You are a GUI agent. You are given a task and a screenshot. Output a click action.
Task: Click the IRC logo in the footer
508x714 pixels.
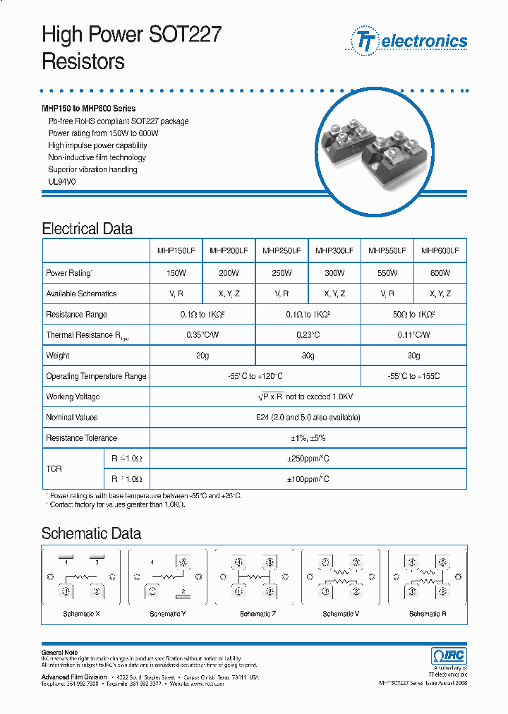pyautogui.click(x=449, y=655)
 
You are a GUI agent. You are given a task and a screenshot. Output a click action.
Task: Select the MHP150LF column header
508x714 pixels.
pyautogui.click(x=176, y=250)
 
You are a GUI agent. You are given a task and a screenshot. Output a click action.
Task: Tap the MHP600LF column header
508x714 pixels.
pyautogui.click(x=440, y=250)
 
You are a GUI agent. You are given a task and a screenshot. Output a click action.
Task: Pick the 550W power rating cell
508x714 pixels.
pyautogui.click(x=387, y=272)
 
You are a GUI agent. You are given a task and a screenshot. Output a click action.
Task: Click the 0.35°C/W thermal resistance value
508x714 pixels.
pyautogui.click(x=202, y=335)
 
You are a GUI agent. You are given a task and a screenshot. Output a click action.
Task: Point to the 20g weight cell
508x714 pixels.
pyautogui.click(x=202, y=356)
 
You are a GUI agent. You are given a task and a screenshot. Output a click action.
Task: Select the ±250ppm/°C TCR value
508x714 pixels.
pyautogui.click(x=308, y=459)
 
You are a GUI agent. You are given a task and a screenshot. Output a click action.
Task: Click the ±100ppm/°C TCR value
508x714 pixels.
pyautogui.click(x=308, y=479)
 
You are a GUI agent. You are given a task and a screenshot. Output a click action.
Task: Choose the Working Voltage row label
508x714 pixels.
pyautogui.click(x=73, y=397)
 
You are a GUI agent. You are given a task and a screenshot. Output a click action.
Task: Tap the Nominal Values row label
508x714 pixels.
pyautogui.click(x=71, y=418)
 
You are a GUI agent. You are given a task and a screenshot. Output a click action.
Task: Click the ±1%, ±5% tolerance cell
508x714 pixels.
pyautogui.click(x=308, y=438)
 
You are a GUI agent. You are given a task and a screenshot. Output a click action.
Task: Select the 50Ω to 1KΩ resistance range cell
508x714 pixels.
pyautogui.click(x=413, y=314)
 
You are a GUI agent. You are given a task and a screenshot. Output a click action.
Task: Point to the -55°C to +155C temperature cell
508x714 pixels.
pyautogui.click(x=413, y=376)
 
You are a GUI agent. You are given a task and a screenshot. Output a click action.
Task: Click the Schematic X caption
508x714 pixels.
pyautogui.click(x=81, y=614)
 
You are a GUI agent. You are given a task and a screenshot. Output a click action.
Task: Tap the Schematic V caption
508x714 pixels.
pyautogui.click(x=341, y=614)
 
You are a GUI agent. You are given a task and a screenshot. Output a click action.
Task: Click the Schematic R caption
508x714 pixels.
pyautogui.click(x=428, y=614)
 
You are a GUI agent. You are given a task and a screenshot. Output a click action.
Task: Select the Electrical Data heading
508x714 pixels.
pyautogui.click(x=87, y=229)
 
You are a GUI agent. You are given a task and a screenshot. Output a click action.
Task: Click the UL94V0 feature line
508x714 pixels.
pyautogui.click(x=61, y=181)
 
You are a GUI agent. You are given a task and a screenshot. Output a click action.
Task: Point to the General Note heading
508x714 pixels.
pyautogui.click(x=59, y=653)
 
